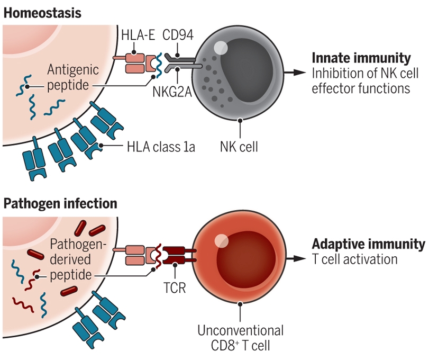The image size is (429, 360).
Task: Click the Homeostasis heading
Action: [42, 13]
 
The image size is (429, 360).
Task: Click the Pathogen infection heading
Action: [60, 204]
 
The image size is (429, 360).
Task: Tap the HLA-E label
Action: [138, 35]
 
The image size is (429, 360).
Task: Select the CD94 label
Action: [178, 35]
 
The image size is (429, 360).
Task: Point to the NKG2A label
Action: [172, 92]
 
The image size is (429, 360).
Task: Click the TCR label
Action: [175, 287]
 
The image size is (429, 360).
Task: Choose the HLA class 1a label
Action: [161, 147]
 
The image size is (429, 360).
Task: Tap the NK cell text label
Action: [239, 147]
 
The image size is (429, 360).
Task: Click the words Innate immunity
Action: [361, 58]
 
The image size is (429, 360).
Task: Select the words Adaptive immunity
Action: [369, 244]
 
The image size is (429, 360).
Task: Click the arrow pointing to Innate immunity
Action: [295, 73]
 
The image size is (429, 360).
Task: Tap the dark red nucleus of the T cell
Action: [245, 259]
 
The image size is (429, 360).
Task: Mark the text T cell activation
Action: [354, 259]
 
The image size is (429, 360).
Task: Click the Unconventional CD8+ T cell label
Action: [241, 338]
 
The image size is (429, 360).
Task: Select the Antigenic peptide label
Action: [73, 77]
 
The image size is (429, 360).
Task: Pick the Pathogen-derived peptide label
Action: [77, 259]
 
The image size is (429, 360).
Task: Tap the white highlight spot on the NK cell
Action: [221, 48]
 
